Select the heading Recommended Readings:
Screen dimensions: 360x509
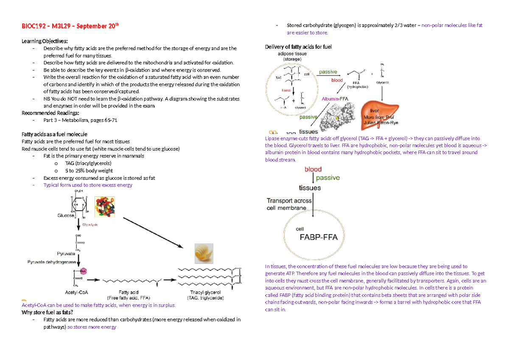click(x=50, y=113)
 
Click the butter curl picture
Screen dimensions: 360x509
click(x=204, y=254)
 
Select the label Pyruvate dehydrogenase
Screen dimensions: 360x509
click(x=51, y=262)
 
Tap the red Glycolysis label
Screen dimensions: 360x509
click(x=90, y=224)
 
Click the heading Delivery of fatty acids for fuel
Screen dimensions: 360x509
click(x=298, y=47)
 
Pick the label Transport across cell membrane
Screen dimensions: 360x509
click(x=289, y=204)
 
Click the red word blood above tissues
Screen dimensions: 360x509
click(x=313, y=169)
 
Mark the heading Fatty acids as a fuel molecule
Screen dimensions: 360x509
click(x=54, y=134)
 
